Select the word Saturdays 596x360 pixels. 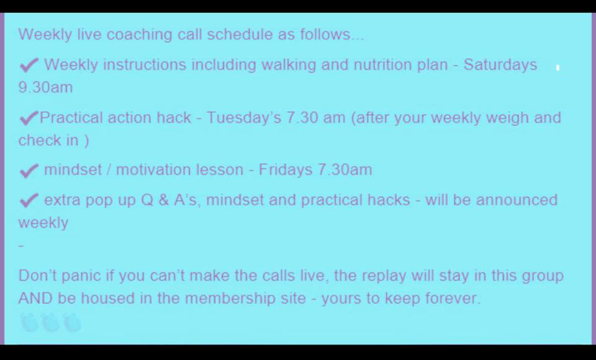(x=500, y=65)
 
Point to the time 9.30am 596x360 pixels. (x=45, y=88)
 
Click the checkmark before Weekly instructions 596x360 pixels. (x=29, y=65)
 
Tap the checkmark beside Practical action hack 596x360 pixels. (x=29, y=118)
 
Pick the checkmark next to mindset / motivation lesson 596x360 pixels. (x=29, y=171)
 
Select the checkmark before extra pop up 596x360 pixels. (x=29, y=200)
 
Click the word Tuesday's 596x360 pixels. (x=243, y=118)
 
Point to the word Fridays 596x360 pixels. (x=286, y=169)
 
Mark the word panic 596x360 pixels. (x=81, y=276)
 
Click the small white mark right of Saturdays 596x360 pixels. (x=558, y=68)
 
